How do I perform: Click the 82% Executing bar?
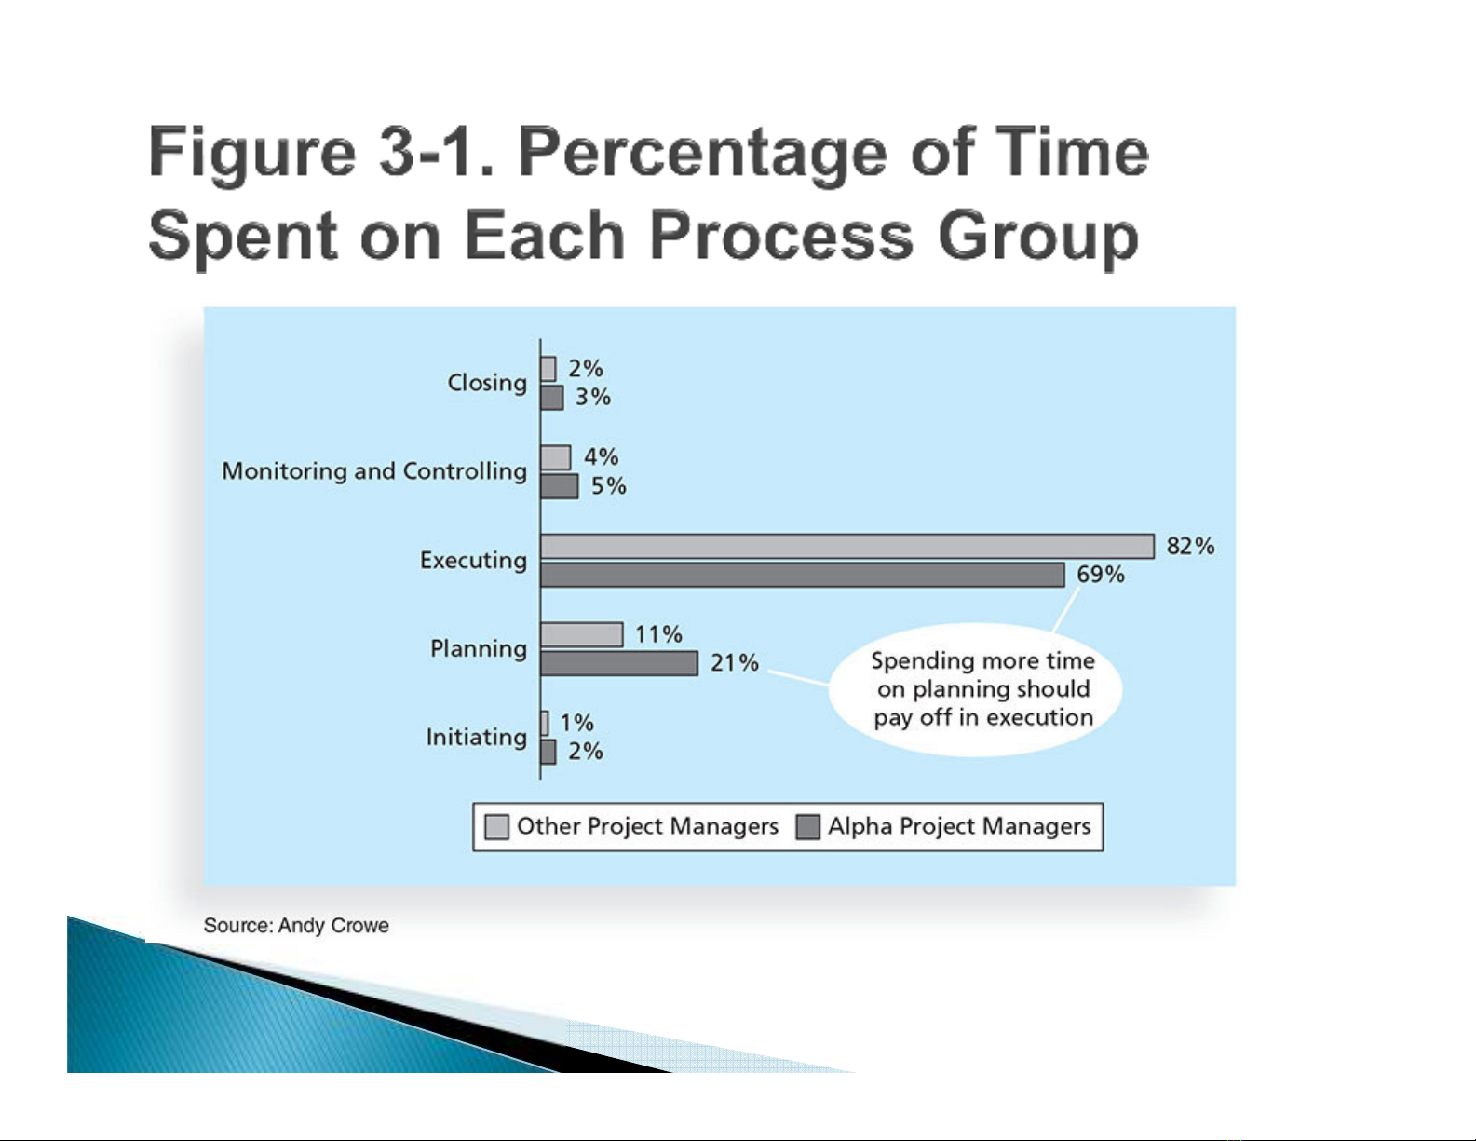846,546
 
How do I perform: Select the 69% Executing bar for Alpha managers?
802,575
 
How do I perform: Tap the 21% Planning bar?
618,663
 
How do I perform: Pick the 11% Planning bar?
581,634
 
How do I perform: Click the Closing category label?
487,383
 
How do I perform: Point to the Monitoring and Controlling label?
374,471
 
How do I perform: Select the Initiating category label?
477,738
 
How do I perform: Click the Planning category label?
479,648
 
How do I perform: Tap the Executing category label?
473,560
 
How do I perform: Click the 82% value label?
1190,546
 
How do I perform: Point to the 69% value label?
1101,575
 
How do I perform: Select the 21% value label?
735,663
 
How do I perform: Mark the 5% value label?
609,486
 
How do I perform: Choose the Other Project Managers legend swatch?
497,827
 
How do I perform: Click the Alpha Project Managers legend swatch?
808,827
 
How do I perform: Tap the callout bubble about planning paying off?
982,689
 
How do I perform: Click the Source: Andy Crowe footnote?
296,926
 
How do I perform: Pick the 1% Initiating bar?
545,723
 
